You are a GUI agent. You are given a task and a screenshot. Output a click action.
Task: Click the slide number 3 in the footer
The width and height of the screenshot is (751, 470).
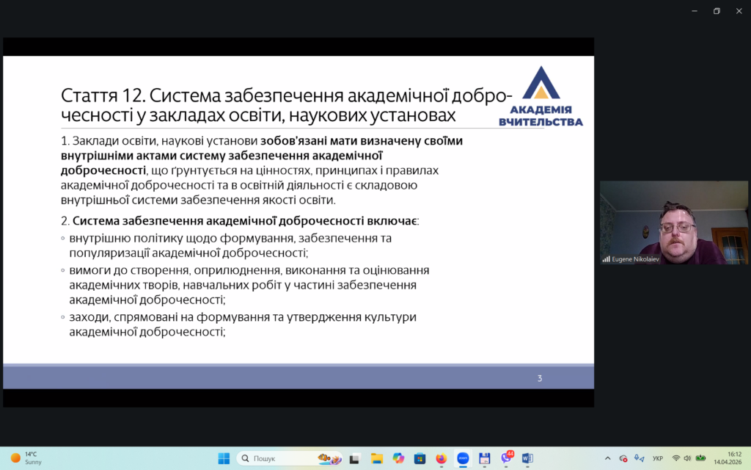point(539,378)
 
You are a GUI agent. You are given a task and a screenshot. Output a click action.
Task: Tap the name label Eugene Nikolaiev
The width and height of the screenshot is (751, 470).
point(635,259)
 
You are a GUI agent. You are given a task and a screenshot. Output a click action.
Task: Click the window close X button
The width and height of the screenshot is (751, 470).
point(739,11)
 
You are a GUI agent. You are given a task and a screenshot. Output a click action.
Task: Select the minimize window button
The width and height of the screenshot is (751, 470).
point(695,11)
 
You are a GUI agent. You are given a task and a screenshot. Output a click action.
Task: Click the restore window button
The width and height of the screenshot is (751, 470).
point(717,11)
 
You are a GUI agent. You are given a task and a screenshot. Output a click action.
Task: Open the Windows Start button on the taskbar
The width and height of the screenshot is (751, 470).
point(224,458)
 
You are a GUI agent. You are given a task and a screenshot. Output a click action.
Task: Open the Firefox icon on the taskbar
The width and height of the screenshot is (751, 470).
point(441,458)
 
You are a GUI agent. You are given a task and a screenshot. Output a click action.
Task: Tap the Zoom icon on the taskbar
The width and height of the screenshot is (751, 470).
point(463,458)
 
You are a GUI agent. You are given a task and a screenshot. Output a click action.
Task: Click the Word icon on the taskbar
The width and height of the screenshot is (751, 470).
point(527,458)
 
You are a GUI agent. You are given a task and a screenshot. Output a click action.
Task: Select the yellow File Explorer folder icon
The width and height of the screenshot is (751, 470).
point(377,458)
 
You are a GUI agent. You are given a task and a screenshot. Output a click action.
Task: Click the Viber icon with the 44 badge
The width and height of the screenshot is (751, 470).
point(507,458)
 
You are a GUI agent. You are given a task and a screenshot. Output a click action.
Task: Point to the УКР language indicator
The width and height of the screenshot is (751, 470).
point(658,458)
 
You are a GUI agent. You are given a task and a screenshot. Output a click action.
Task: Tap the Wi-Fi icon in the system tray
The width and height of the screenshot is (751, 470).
point(675,458)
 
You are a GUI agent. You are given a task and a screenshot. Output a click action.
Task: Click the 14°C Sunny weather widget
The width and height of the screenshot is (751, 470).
point(26,458)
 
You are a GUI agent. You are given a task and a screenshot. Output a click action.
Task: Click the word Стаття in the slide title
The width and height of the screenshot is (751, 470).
point(89,95)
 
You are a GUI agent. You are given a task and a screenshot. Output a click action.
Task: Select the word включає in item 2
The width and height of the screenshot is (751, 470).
point(392,220)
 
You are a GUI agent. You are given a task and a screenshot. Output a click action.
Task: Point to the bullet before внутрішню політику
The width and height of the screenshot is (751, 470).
point(63,239)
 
